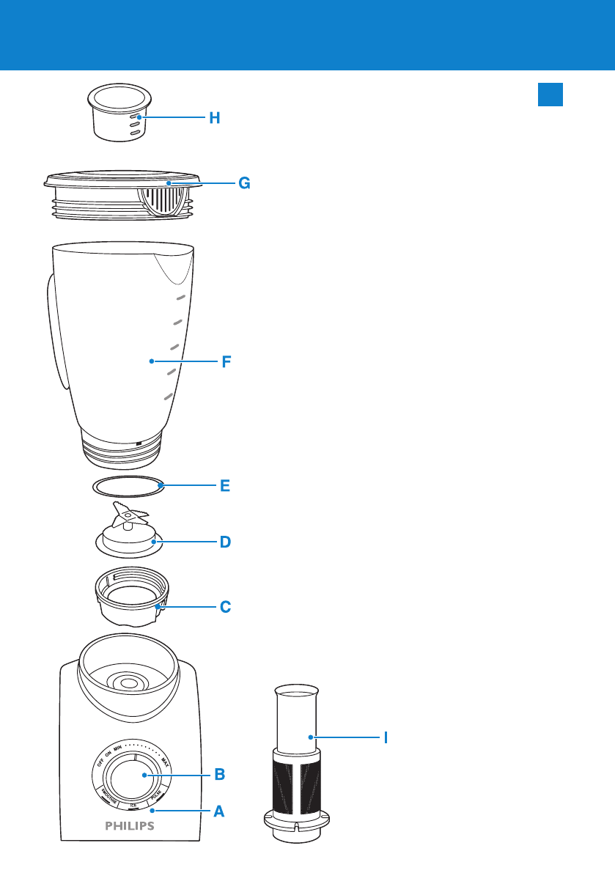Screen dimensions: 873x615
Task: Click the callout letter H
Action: click(214, 118)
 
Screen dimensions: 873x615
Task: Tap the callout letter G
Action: click(244, 184)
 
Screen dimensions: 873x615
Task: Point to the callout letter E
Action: click(226, 485)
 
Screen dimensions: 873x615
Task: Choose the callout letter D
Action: click(226, 543)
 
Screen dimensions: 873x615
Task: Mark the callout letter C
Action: click(226, 608)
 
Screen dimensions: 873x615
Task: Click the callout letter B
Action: click(218, 774)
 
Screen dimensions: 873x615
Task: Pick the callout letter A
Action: click(218, 811)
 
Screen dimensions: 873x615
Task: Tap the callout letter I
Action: click(386, 737)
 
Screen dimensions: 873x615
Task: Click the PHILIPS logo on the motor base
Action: click(128, 826)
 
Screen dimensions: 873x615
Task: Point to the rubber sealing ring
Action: click(127, 485)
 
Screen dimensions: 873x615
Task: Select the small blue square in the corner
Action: click(550, 94)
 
